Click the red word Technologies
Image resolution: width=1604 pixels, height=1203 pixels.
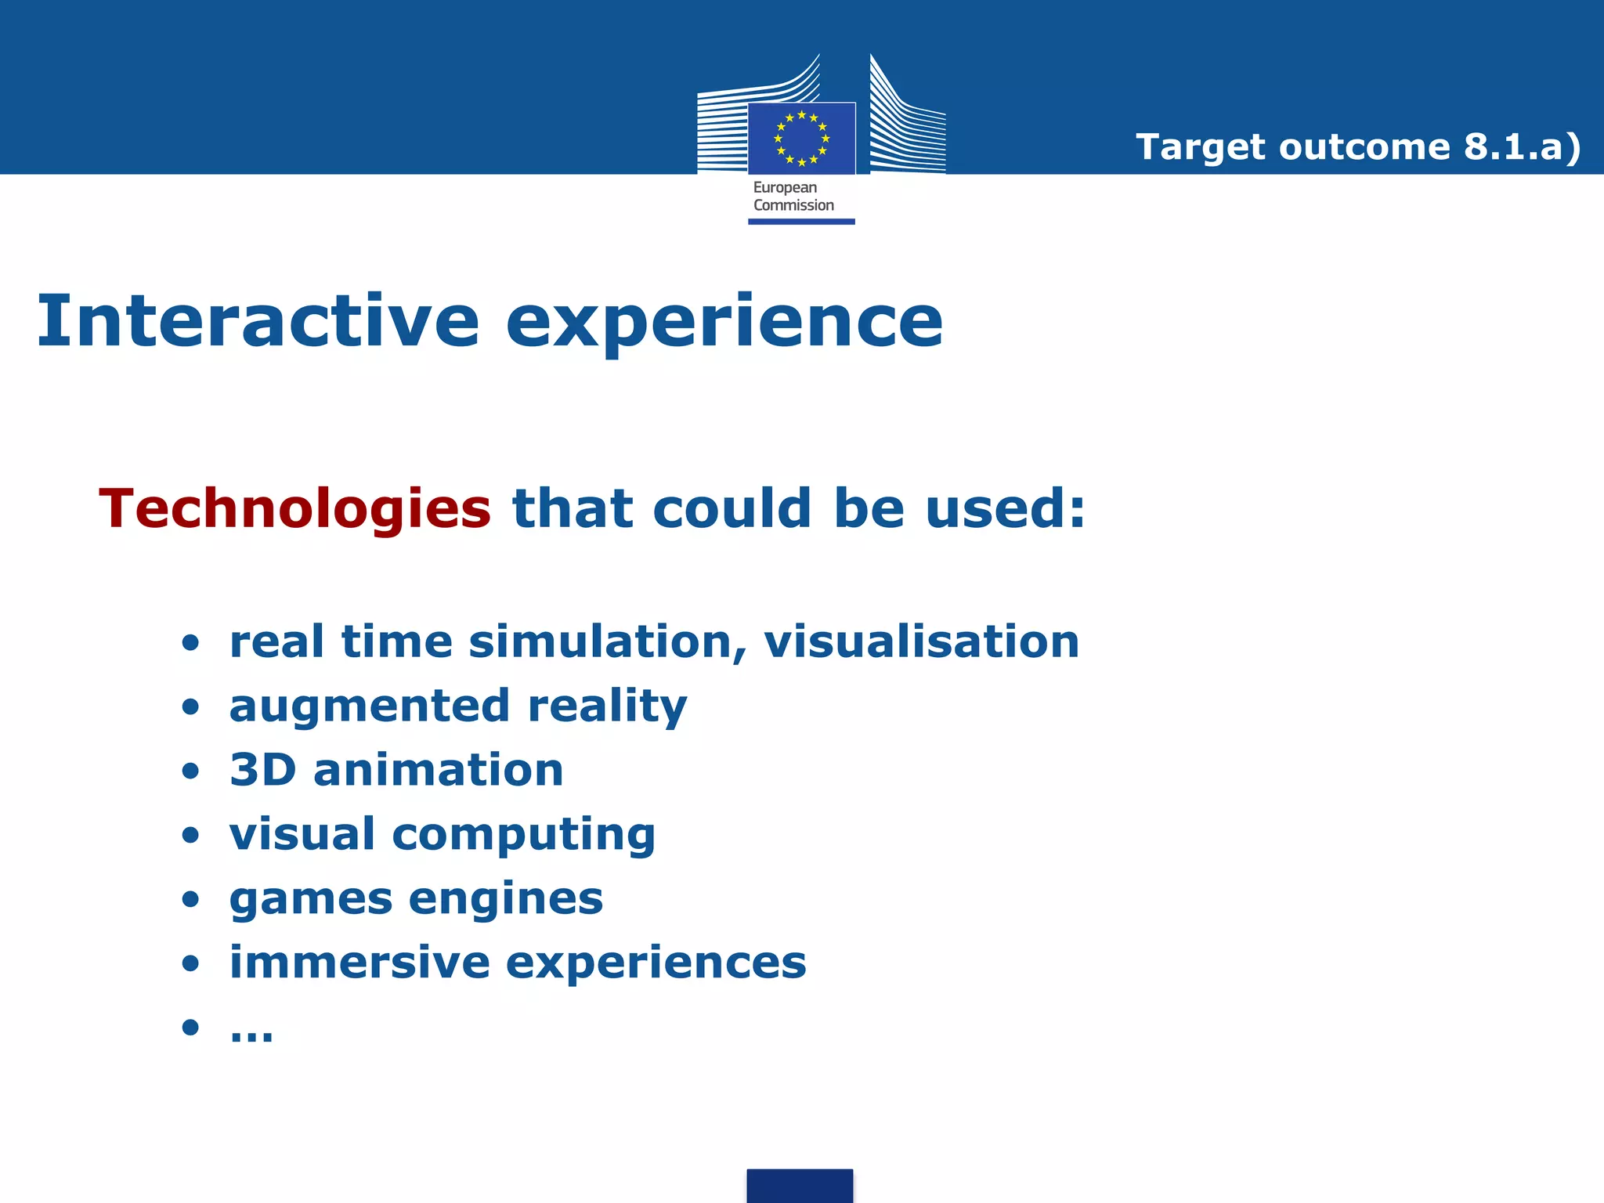click(294, 509)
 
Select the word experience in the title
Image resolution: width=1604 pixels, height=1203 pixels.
click(724, 323)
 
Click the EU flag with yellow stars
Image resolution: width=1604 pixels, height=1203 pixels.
click(801, 139)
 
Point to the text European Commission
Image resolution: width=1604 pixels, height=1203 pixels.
click(793, 197)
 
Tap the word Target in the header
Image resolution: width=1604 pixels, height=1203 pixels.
click(1200, 147)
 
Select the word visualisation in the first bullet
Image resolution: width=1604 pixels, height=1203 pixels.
click(921, 642)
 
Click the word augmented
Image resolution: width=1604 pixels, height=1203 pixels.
click(370, 706)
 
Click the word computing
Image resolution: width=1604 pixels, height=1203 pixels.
click(523, 835)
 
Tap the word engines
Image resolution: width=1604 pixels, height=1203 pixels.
click(505, 899)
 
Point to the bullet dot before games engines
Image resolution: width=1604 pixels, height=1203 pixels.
click(190, 899)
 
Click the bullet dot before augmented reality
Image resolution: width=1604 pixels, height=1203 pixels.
click(190, 707)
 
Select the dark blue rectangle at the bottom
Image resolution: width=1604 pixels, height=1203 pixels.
click(800, 1185)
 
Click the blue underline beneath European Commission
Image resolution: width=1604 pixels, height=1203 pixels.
click(801, 222)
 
